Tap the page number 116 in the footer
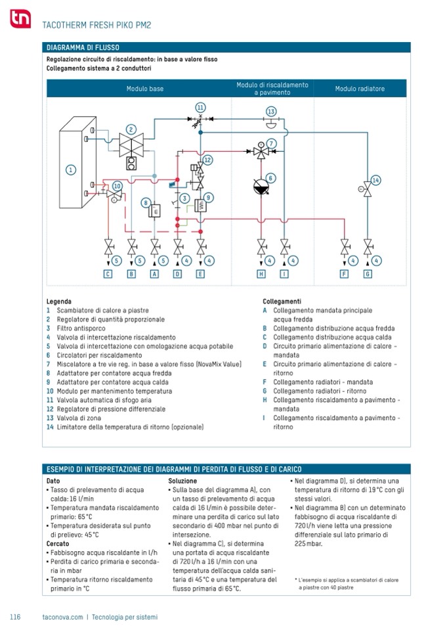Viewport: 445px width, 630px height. coord(16,617)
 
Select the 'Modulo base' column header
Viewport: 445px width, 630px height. coord(145,89)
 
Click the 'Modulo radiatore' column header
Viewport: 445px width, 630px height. coord(360,89)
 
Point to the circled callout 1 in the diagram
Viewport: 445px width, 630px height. coord(70,169)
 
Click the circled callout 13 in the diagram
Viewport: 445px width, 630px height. coord(270,112)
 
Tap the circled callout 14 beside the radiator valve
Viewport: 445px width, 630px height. coord(376,180)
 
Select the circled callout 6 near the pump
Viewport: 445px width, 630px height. coord(270,177)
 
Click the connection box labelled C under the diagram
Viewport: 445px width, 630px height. coord(108,273)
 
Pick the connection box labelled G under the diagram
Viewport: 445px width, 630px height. coord(368,273)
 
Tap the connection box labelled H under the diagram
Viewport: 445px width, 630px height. coord(261,273)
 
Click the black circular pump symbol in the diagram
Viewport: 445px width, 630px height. coord(261,187)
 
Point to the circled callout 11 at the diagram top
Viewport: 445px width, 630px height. coord(200,107)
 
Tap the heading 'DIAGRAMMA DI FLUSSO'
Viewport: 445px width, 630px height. coord(83,47)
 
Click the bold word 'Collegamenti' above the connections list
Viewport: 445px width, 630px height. coord(282,302)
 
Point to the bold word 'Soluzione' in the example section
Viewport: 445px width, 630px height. coord(182,481)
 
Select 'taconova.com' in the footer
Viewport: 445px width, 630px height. coord(62,617)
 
